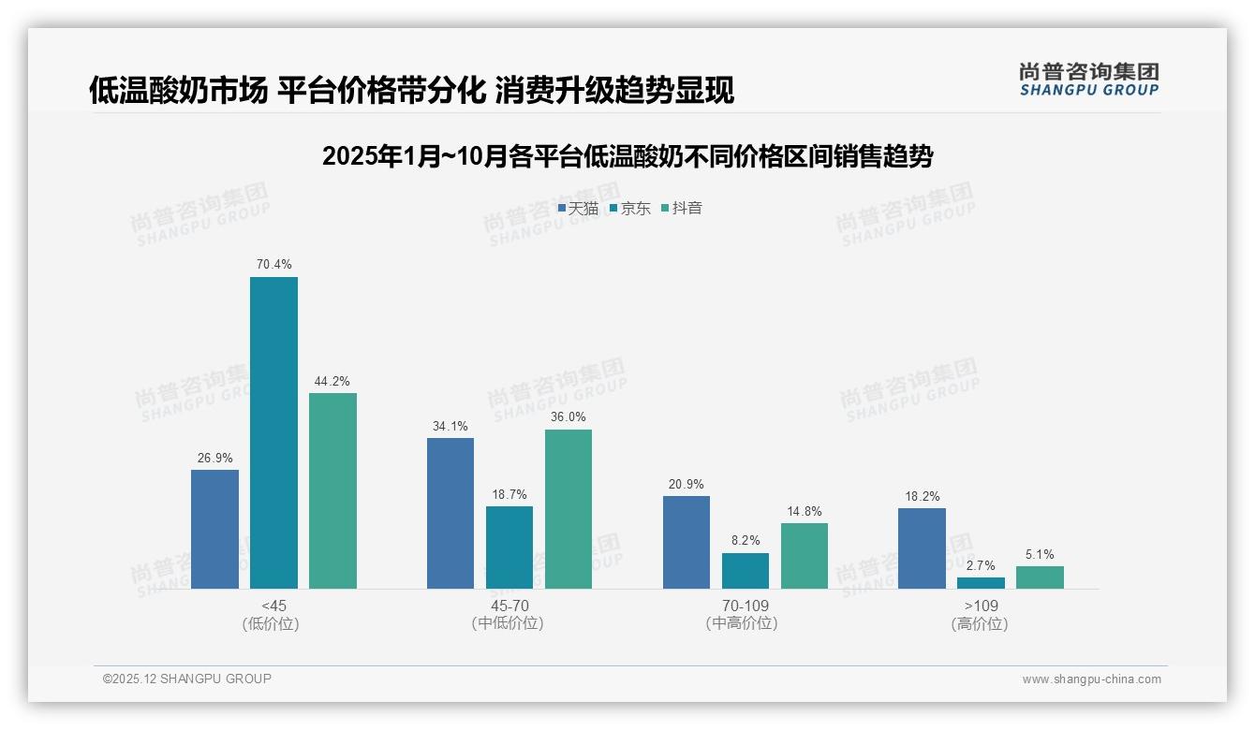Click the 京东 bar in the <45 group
[x=273, y=432]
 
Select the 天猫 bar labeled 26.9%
[x=214, y=529]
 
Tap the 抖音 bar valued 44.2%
[x=332, y=490]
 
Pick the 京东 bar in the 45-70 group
[x=509, y=547]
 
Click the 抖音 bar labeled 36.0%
[x=568, y=508]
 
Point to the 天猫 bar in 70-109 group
[x=687, y=542]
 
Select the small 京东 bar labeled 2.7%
[x=981, y=582]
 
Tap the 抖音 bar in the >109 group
[x=1040, y=577]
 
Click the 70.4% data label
[x=273, y=265]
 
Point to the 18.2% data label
[x=922, y=496]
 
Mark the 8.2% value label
[x=746, y=540]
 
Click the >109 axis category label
[x=980, y=606]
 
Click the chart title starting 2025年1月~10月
[x=627, y=156]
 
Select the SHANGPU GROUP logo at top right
[x=1088, y=80]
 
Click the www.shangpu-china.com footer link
[x=1091, y=679]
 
